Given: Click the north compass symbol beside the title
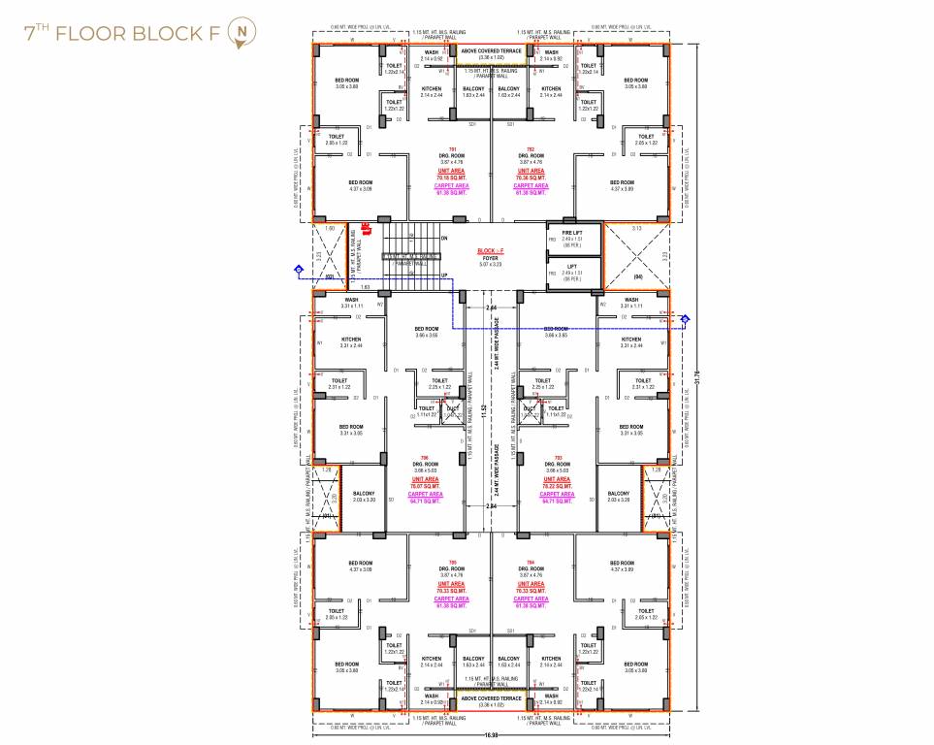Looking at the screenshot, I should click(239, 34).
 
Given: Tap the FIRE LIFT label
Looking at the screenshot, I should click(572, 234).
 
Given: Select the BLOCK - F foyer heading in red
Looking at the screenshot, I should click(490, 250).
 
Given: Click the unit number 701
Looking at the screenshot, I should click(452, 148).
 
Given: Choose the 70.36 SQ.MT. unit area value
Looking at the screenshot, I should click(531, 178).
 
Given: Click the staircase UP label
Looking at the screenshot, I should click(444, 275).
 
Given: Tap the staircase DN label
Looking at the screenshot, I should click(444, 238).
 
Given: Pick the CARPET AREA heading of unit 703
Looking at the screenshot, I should click(557, 495).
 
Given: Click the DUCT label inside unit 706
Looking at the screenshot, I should click(451, 407).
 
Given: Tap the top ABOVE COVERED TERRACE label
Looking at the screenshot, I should click(491, 50).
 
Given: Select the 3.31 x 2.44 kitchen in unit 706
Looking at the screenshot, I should click(351, 342).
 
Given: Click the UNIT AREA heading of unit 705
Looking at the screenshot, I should click(452, 584).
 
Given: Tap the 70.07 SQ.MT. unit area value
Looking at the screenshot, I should click(425, 487).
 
